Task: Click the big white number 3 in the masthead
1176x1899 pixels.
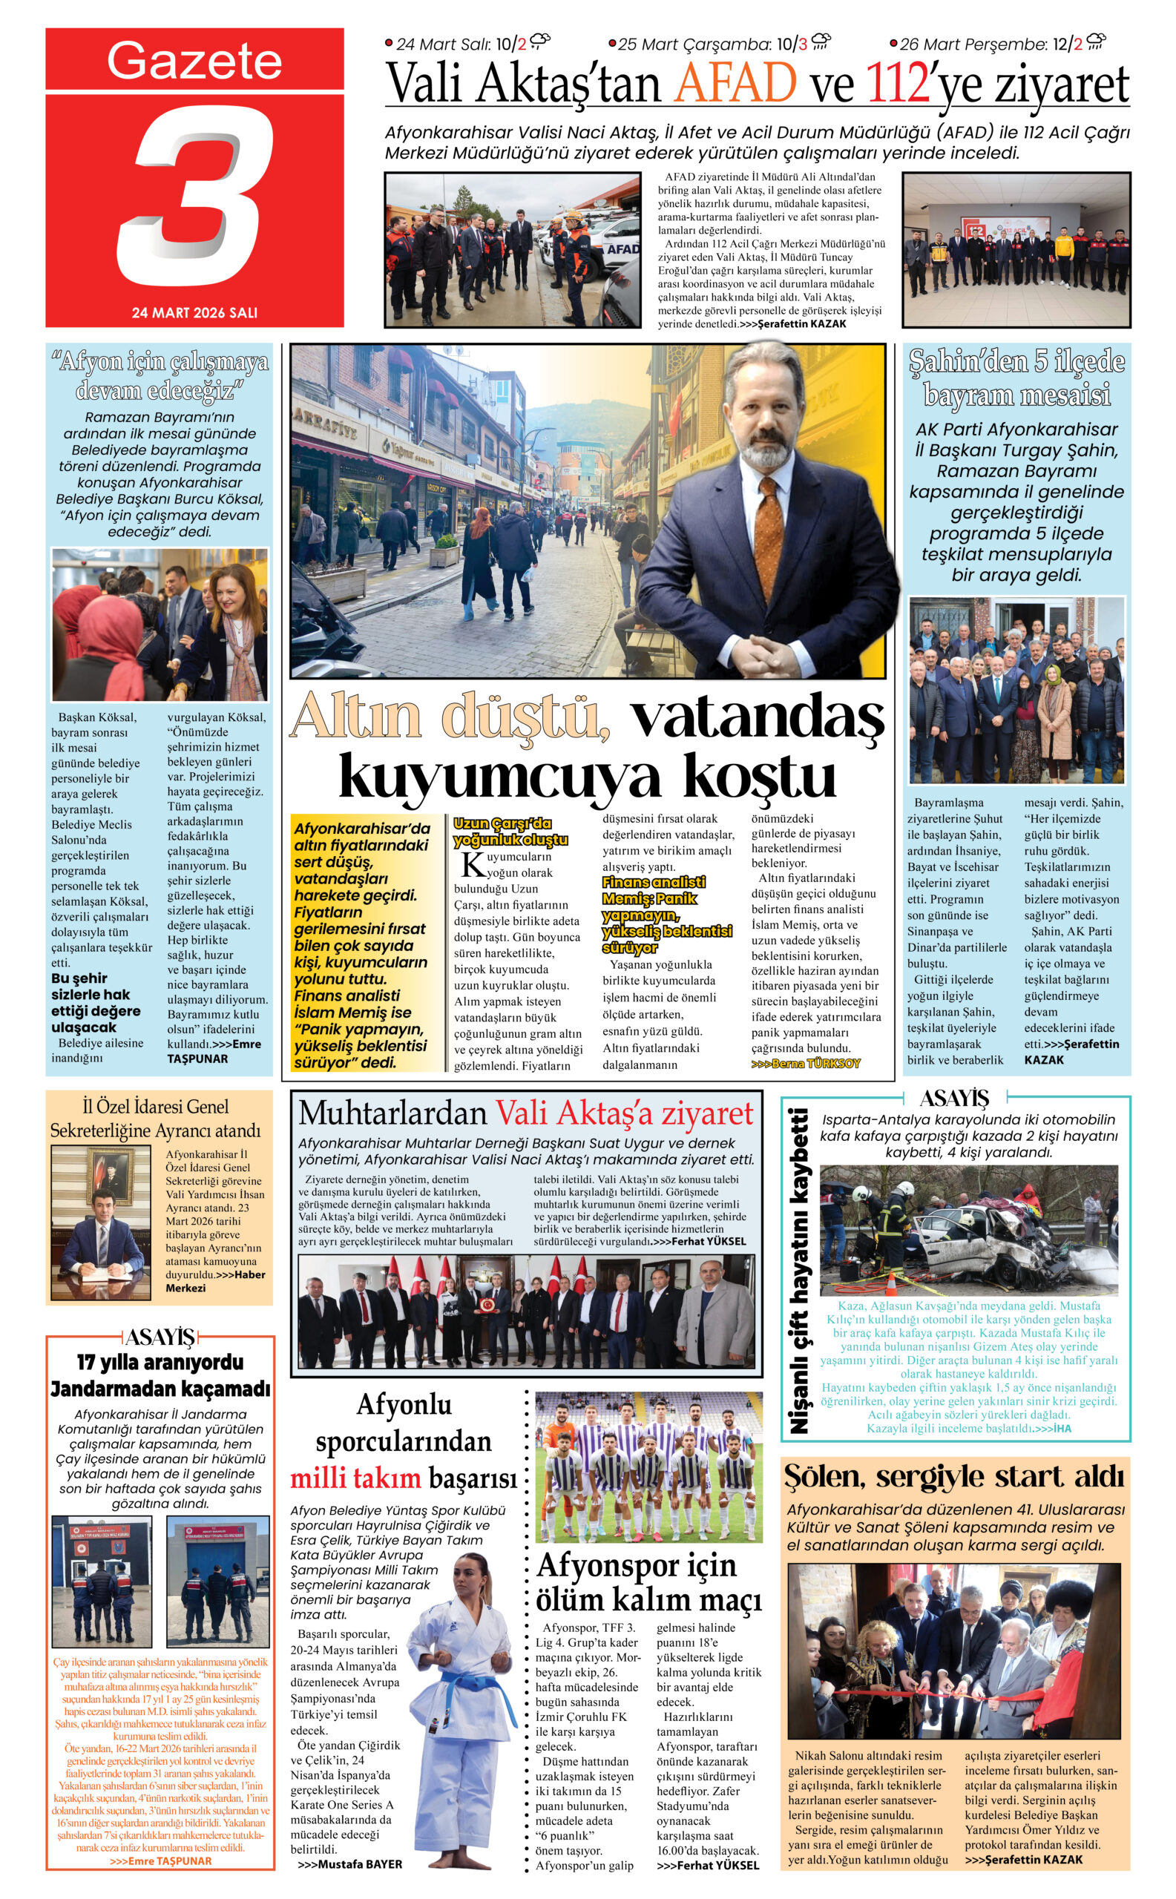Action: pos(194,194)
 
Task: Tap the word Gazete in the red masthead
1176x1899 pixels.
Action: pos(194,61)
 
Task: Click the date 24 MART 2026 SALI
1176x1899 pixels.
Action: pos(194,312)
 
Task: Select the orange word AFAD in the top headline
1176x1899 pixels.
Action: pos(736,83)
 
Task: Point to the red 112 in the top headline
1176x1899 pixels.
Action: pos(899,83)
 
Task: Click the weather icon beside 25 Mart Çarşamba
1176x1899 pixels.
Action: pos(821,42)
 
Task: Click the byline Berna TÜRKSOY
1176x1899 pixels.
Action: pos(806,1063)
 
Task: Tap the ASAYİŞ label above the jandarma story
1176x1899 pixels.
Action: pos(160,1336)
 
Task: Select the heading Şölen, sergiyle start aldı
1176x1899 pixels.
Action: pos(954,1475)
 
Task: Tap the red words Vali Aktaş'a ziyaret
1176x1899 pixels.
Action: pos(625,1113)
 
